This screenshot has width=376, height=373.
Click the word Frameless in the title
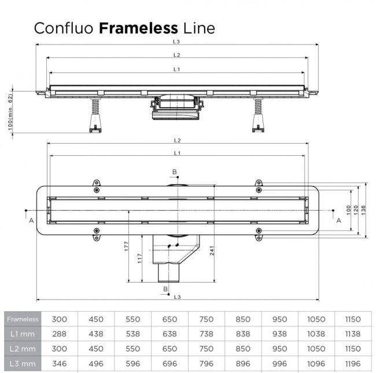click(139, 28)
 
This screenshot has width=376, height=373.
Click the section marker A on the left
click(31, 220)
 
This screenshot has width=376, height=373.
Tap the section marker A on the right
click(338, 220)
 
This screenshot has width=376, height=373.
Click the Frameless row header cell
click(23, 319)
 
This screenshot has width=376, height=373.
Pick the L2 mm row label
click(23, 349)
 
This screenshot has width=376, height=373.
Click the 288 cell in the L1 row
click(59, 334)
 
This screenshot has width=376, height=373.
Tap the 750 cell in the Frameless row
click(206, 319)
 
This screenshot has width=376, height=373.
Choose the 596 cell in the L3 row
click(132, 363)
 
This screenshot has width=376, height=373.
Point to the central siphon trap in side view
click(176, 107)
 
